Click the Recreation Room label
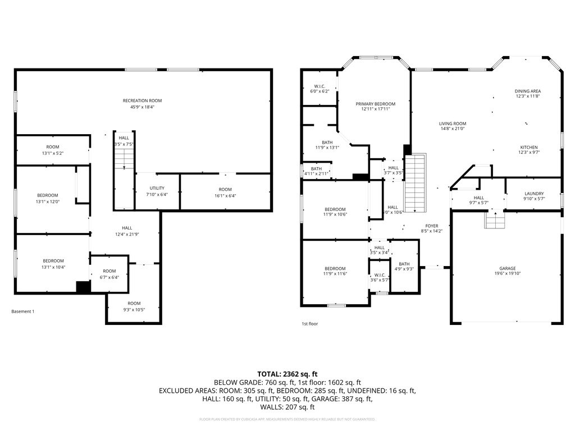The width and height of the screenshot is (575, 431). tap(142, 101)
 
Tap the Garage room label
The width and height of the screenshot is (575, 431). tap(508, 269)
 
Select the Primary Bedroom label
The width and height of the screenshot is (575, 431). tap(375, 104)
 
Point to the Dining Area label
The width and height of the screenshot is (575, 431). tap(528, 91)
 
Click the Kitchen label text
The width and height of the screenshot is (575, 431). tap(528, 148)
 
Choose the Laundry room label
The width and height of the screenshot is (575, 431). tap(533, 194)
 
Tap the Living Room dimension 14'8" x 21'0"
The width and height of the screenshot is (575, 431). tap(453, 129)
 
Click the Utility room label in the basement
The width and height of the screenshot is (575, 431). tap(157, 189)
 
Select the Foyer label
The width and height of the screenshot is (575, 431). tap(431, 226)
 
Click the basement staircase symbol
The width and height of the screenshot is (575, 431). tap(124, 160)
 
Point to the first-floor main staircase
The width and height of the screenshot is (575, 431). tap(416, 182)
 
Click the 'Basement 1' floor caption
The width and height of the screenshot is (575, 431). tap(23, 311)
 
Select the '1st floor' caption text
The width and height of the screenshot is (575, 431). tap(309, 324)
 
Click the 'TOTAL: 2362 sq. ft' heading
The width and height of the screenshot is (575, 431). tap(287, 373)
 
